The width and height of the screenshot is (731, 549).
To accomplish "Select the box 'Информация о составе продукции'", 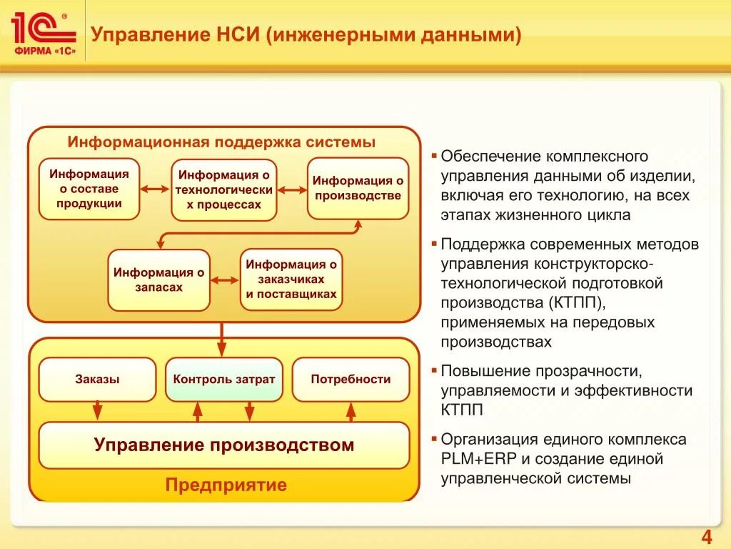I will tap(89, 189).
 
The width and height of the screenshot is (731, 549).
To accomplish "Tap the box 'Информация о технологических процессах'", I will tap(224, 190).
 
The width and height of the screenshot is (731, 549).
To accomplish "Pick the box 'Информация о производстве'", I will tap(358, 189).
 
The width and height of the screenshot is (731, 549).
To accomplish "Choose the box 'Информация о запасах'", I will tap(159, 280).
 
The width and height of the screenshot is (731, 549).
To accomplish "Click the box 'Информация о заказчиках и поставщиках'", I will tap(291, 280).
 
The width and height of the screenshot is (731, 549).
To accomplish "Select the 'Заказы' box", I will tap(97, 380).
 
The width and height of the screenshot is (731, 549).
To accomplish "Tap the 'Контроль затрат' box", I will tap(224, 380).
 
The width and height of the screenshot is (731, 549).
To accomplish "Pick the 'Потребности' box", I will tap(351, 380).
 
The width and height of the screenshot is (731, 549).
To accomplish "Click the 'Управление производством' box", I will tap(224, 445).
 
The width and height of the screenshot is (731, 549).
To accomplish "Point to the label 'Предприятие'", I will tap(226, 485).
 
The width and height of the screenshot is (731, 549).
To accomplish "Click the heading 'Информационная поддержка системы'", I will tap(221, 142).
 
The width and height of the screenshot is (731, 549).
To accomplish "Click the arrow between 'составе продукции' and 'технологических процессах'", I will tap(156, 189).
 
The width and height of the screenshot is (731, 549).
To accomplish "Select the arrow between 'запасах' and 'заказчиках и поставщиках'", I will tap(226, 280).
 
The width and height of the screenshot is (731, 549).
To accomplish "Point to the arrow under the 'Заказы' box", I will tap(98, 411).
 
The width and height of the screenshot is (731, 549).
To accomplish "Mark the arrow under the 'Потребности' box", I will tap(351, 411).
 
